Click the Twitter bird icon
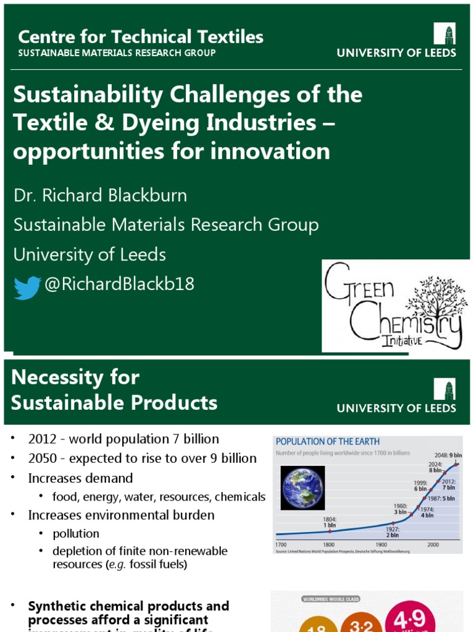(27, 288)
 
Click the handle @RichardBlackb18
(119, 284)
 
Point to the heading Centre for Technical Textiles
(141, 37)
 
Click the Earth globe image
(302, 488)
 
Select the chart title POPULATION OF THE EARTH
(328, 442)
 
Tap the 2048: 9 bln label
(445, 454)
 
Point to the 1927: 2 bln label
(393, 532)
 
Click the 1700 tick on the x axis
(281, 545)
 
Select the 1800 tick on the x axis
(330, 545)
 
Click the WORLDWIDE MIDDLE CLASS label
(331, 599)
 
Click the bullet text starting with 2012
(123, 439)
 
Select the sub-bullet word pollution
(76, 533)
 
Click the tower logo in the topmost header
(444, 33)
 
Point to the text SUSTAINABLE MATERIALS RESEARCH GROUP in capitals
(117, 53)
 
